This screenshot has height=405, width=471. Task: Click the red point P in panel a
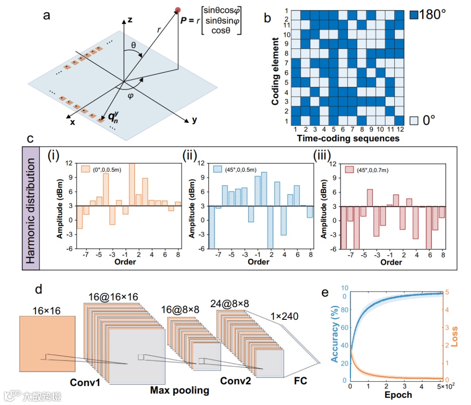[177, 10]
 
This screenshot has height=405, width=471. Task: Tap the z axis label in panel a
[130, 20]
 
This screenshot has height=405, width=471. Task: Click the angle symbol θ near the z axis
[133, 45]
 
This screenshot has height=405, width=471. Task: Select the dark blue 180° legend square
[414, 15]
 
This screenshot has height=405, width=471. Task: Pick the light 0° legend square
[414, 120]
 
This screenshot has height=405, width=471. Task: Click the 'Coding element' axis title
[275, 71]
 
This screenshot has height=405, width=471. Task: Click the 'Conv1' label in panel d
[86, 382]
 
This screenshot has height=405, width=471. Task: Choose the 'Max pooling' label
[180, 390]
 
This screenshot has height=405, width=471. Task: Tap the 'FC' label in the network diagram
[300, 381]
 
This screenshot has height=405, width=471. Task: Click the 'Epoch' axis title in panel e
[398, 395]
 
